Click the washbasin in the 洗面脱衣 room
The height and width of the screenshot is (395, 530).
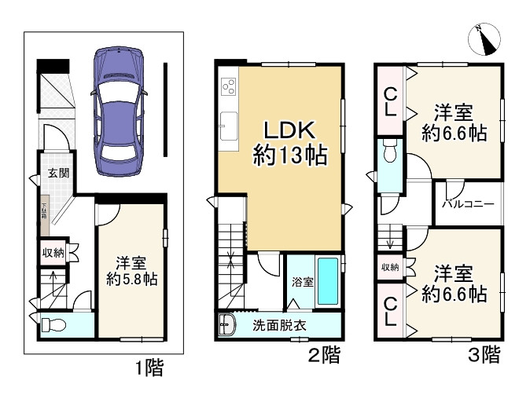coord(227,325)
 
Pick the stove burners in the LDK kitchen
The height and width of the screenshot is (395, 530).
coord(230,85)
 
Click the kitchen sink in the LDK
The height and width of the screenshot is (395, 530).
coord(230,124)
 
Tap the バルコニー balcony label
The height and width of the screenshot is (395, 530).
coord(467,204)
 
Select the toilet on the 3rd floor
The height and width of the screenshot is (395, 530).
coord(390,155)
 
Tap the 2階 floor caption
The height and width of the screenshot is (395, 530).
coord(324,355)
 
